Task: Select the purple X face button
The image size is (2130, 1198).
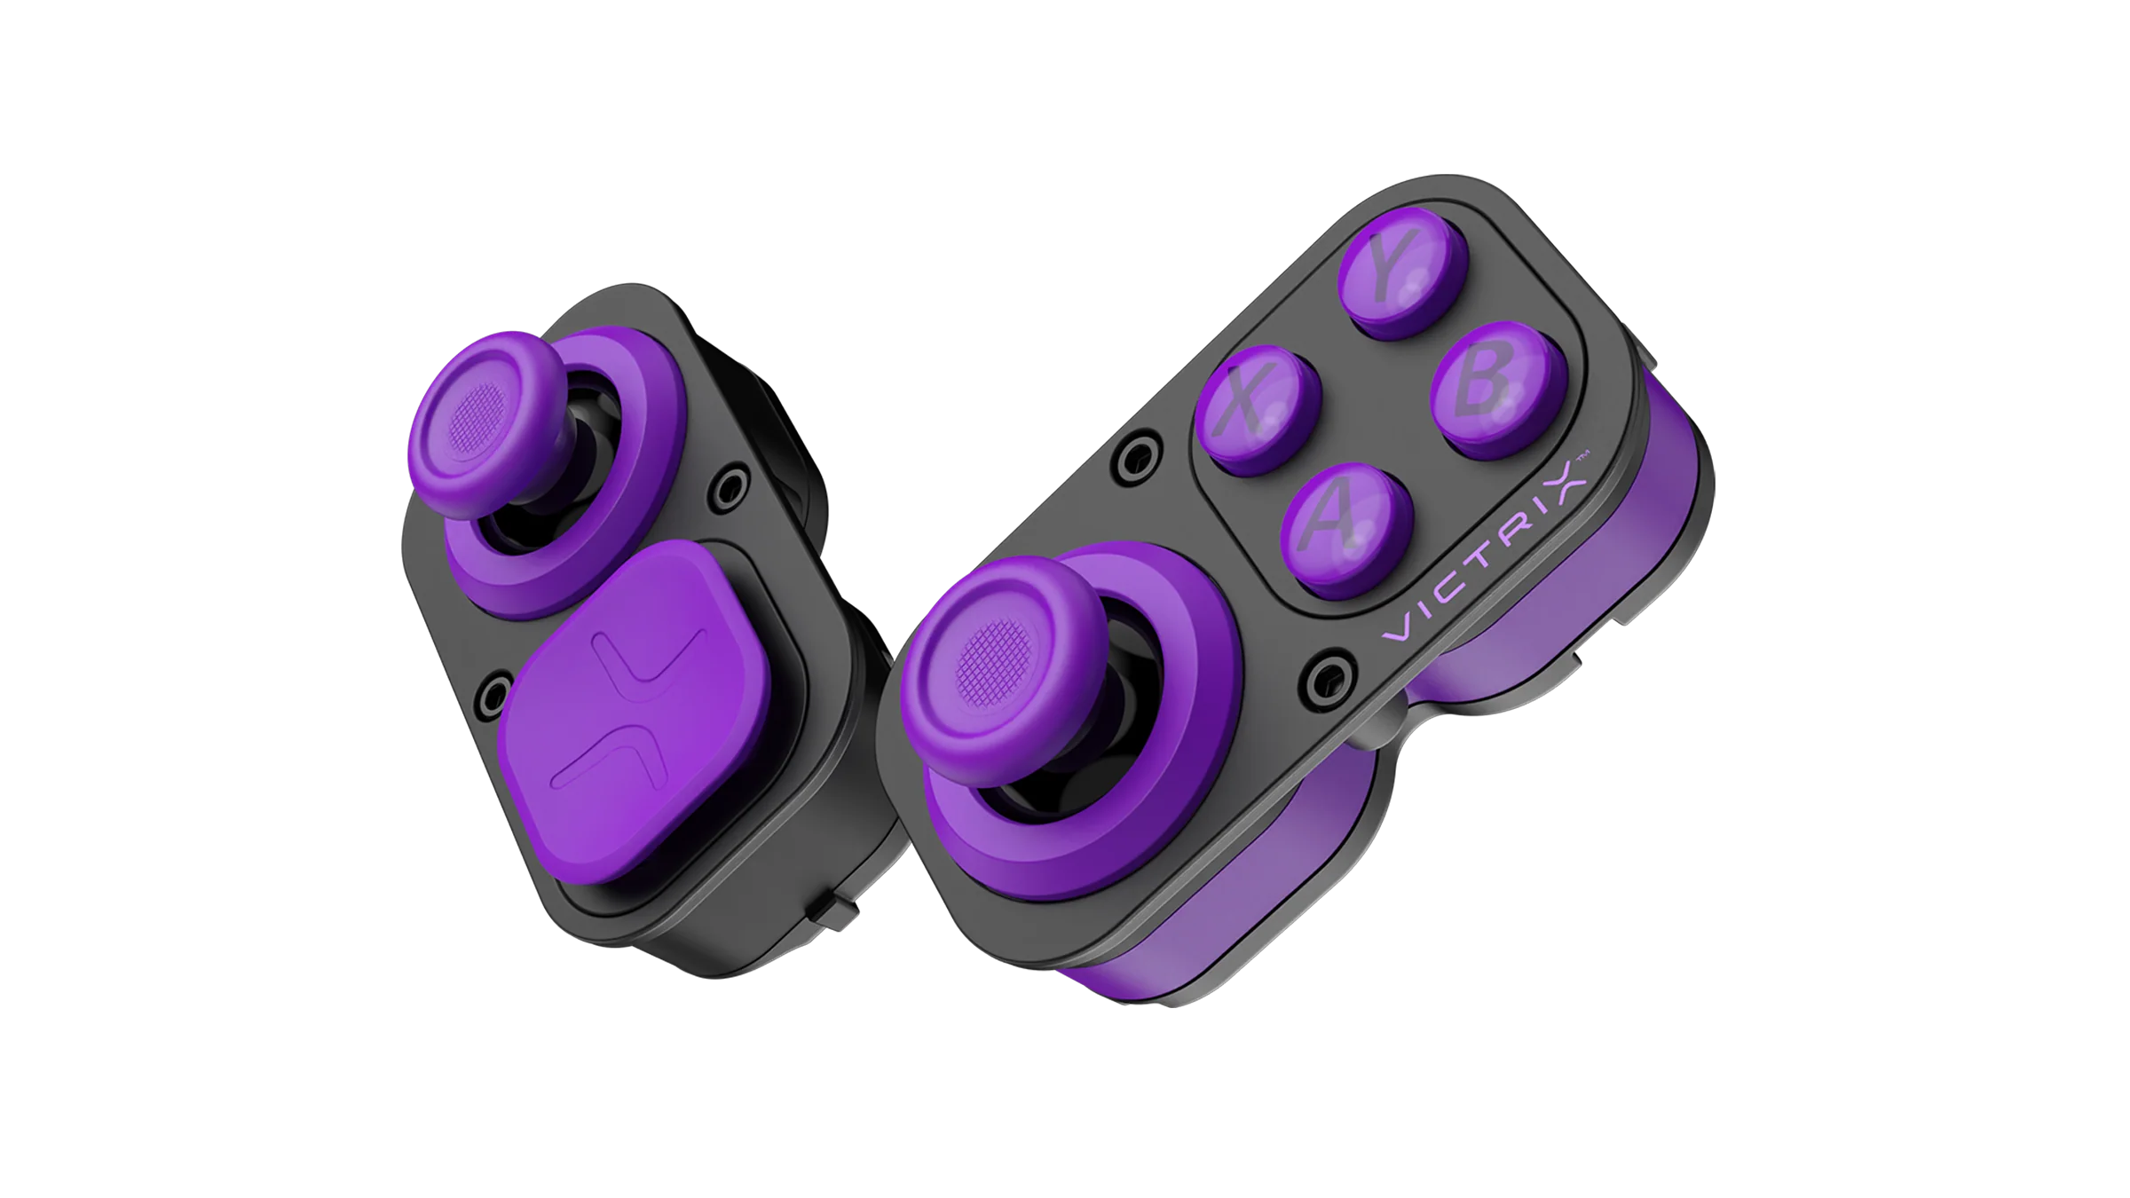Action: (x=1258, y=410)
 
